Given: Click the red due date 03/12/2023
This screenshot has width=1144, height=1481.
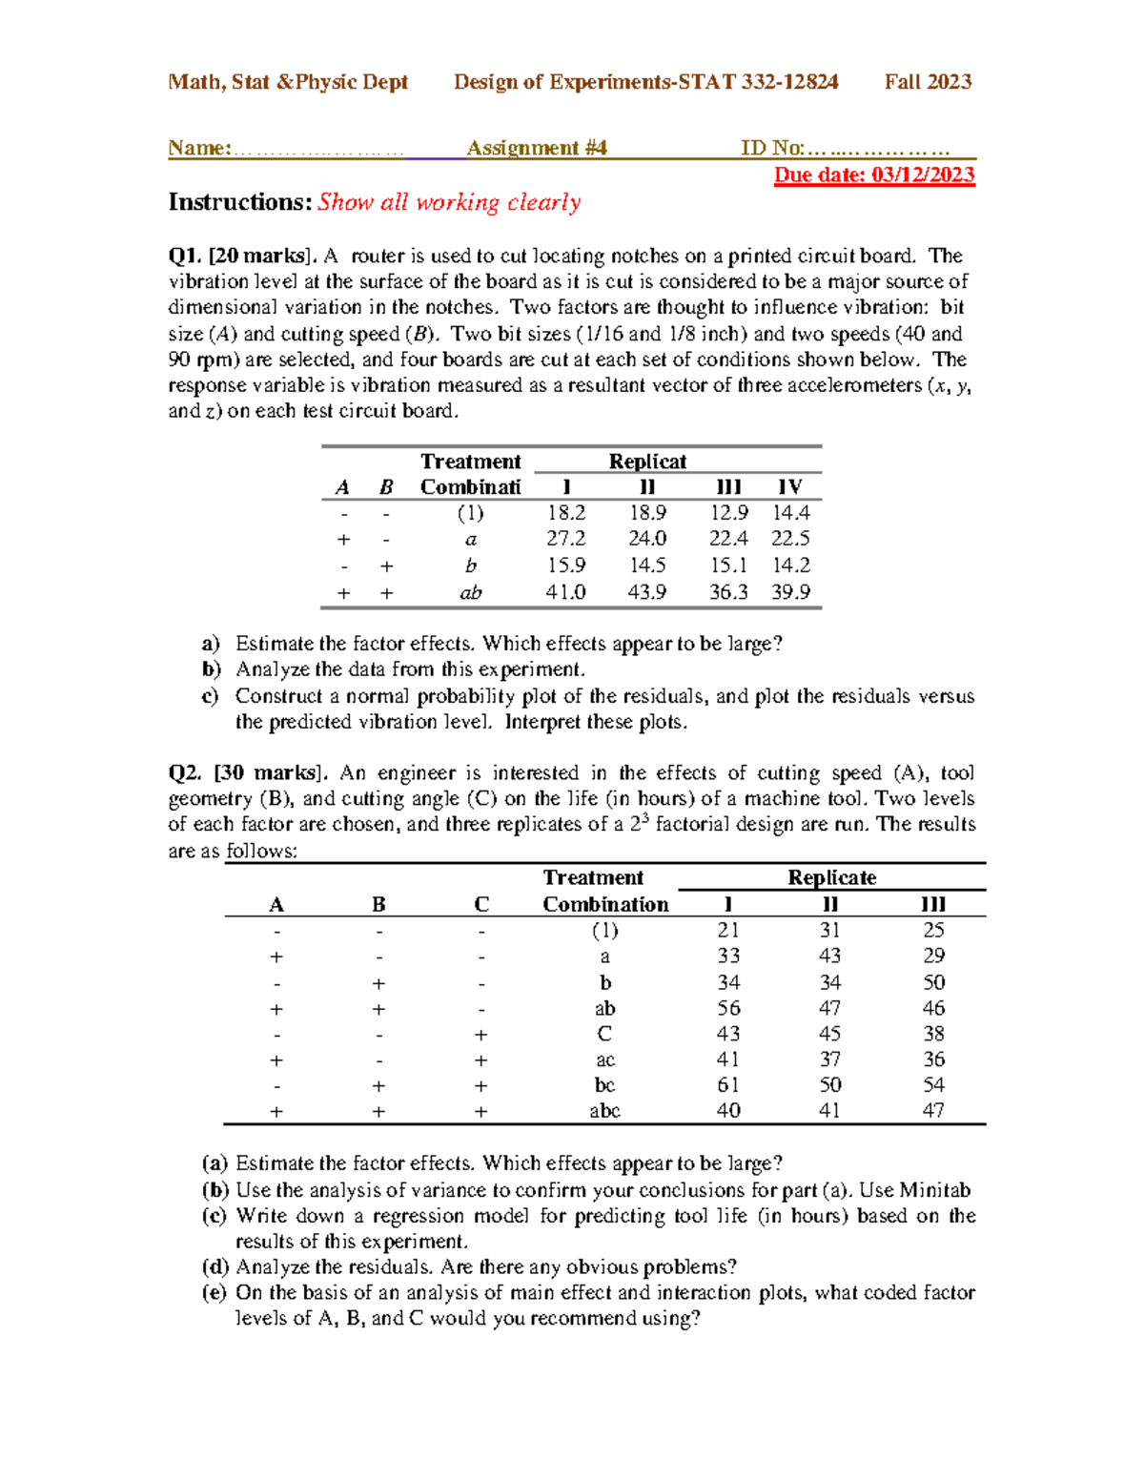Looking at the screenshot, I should point(874,175).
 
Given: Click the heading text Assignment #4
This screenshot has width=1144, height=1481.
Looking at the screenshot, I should point(537,148).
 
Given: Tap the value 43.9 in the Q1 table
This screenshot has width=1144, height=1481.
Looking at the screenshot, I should point(646,592).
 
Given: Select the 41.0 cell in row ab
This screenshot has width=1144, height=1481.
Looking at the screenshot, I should point(565,592).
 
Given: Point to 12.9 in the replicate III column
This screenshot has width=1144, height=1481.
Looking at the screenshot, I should point(728,513).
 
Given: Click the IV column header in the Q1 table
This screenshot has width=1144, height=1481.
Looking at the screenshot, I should point(789,486).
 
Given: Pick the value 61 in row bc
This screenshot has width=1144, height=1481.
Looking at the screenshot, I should point(728,1085).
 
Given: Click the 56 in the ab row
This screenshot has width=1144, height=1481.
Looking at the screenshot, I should point(728,1008).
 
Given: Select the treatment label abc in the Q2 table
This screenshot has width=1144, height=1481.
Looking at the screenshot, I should point(604,1111).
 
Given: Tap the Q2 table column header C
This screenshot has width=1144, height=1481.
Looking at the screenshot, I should point(481,904).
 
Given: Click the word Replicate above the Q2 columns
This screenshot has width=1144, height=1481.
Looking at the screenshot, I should point(831,877).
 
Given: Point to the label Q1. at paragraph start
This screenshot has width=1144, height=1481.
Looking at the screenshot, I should point(185,256).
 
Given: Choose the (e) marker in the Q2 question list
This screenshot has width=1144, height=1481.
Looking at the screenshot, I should point(214,1293).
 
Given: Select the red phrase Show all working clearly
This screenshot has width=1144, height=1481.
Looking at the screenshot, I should point(449,202).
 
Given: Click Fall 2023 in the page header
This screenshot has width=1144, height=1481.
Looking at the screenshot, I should point(928,82).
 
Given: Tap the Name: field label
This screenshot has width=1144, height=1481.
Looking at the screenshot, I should point(199,148).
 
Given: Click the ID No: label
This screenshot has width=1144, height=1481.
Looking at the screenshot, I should point(772,148).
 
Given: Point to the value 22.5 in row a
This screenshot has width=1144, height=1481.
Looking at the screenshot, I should point(790,539).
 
